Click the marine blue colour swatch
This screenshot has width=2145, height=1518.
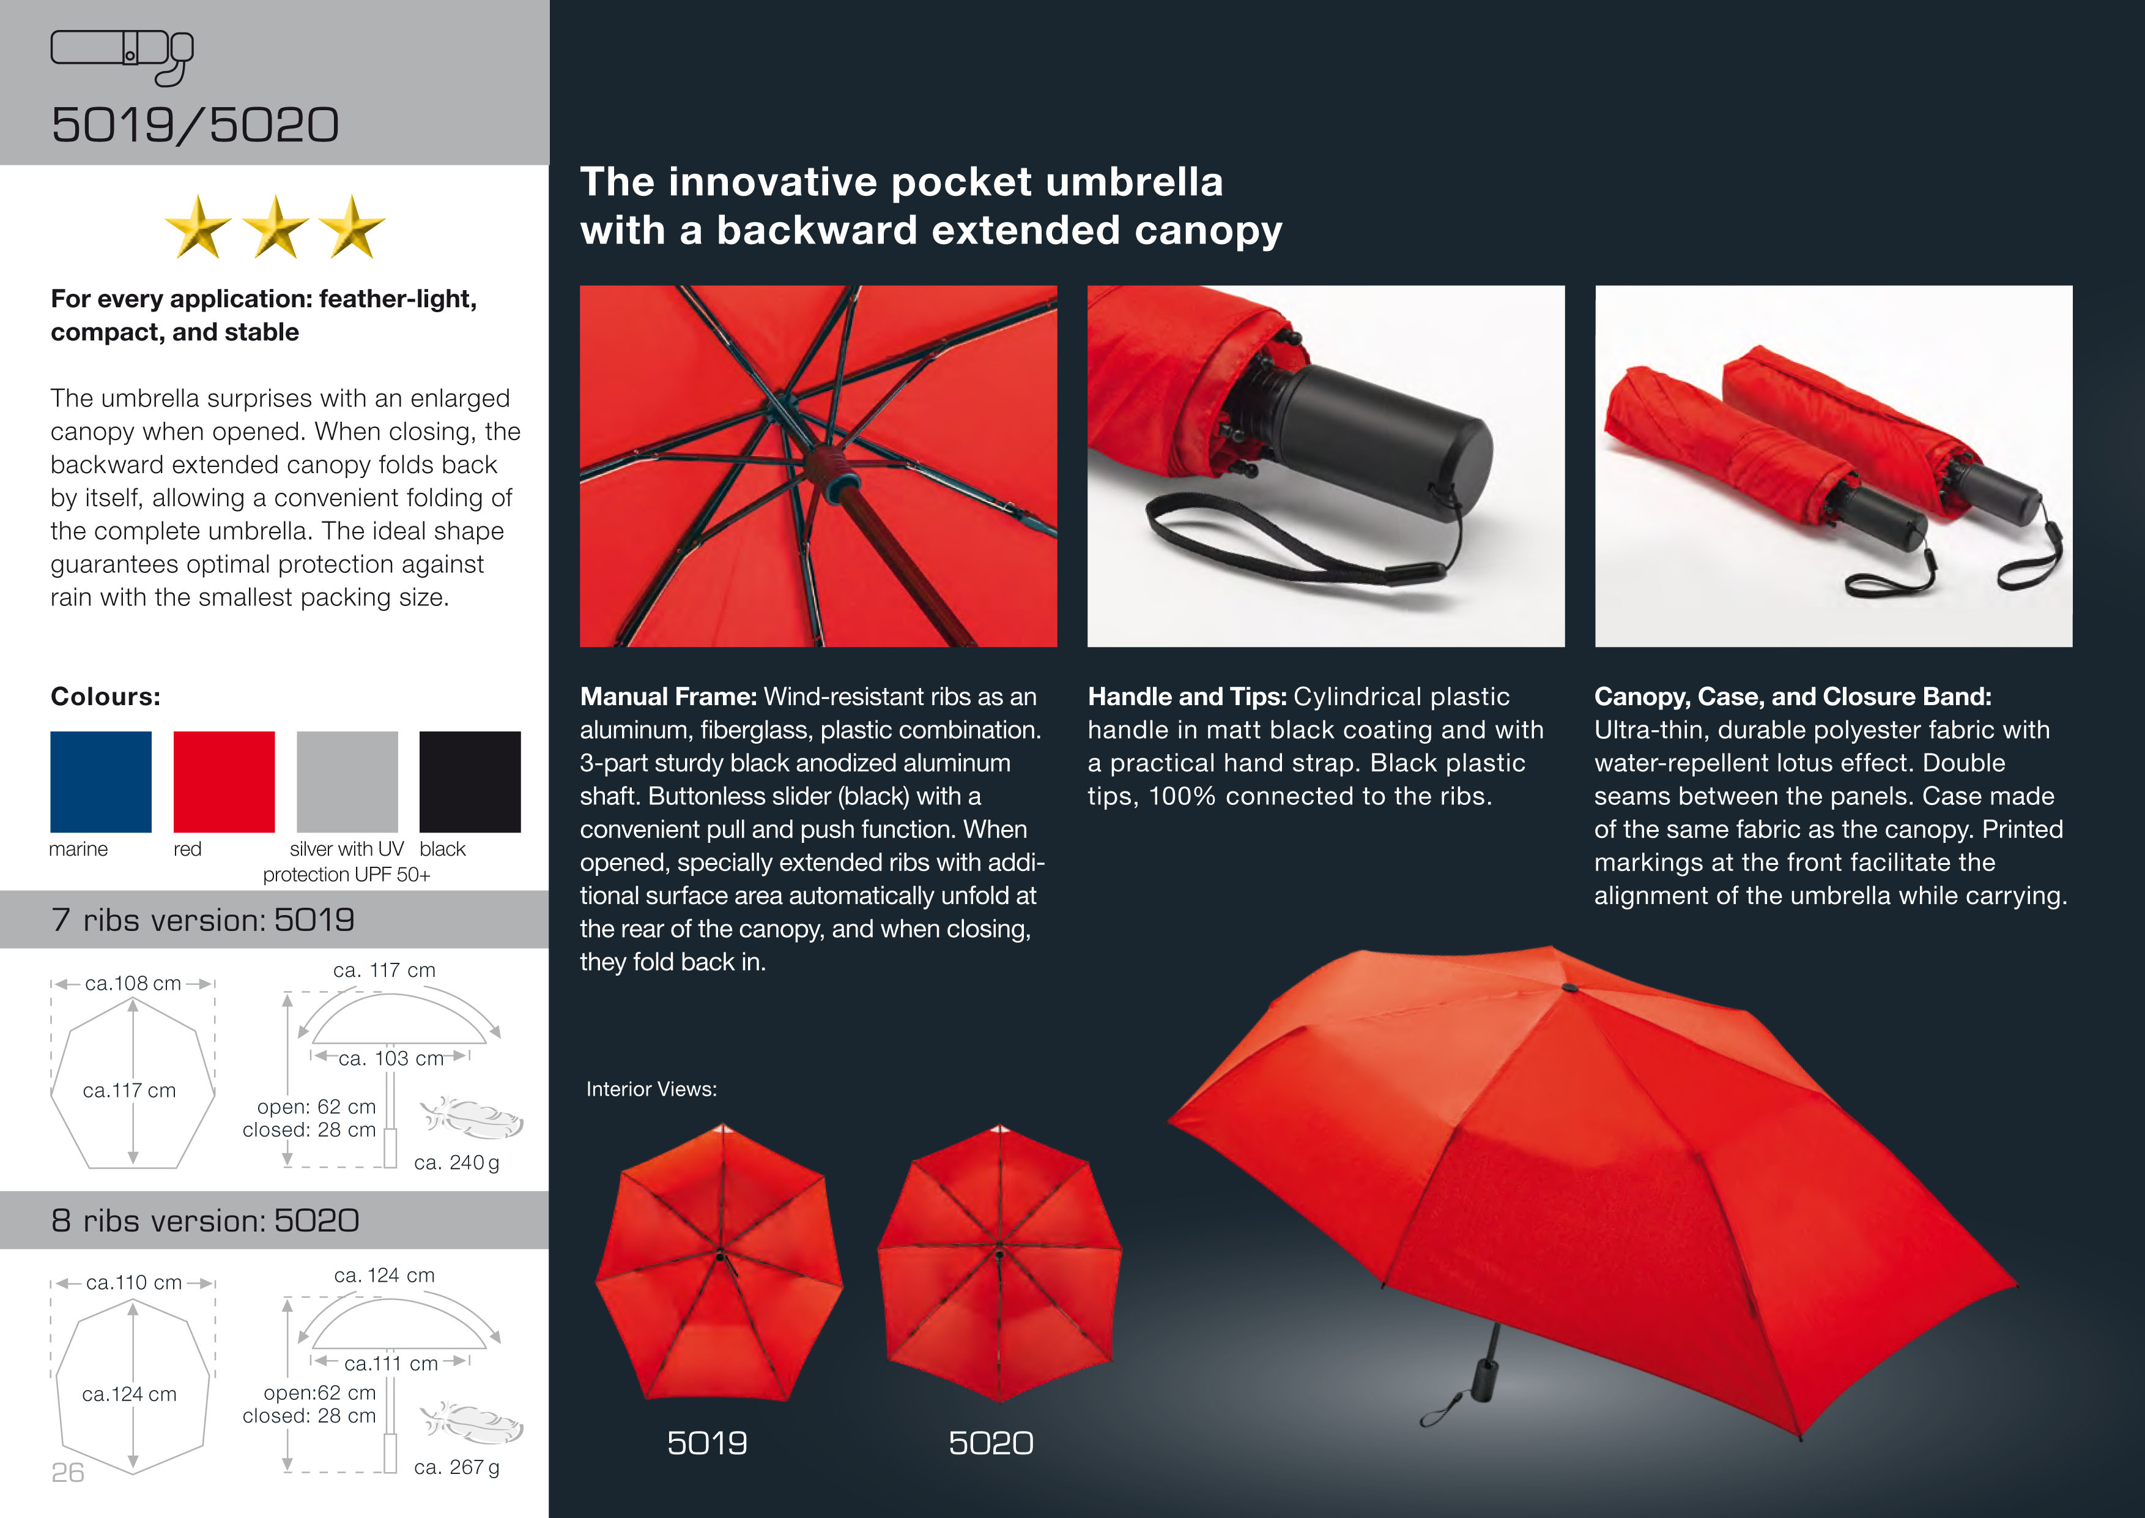click(101, 782)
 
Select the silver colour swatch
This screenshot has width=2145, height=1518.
click(347, 782)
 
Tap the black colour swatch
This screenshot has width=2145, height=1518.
click(470, 782)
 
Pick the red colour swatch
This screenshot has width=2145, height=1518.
click(224, 782)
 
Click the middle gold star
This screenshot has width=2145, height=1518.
click(276, 227)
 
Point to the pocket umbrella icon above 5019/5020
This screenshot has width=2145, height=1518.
click(122, 56)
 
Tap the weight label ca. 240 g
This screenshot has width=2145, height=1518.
click(457, 1163)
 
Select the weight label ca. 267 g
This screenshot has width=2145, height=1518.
click(457, 1468)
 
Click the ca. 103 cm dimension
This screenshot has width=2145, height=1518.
click(390, 1058)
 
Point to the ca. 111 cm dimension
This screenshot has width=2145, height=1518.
click(390, 1364)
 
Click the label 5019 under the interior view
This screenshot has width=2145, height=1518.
click(707, 1443)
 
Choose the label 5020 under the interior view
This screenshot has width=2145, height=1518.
click(991, 1443)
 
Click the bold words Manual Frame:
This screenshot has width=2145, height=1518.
click(668, 697)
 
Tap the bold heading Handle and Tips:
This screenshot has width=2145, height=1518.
click(1187, 697)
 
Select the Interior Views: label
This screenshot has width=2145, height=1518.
click(651, 1089)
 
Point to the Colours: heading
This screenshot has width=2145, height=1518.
click(106, 697)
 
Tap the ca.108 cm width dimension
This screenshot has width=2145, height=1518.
click(133, 984)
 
